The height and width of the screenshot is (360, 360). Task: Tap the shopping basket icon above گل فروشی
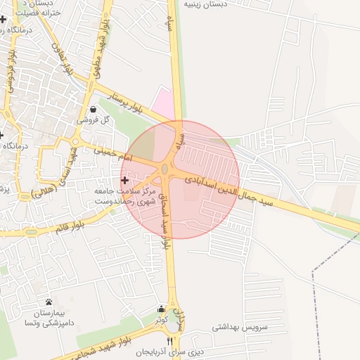(94, 109)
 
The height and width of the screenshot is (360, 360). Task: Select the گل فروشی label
(96, 120)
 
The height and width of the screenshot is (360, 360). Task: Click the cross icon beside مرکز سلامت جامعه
(125, 181)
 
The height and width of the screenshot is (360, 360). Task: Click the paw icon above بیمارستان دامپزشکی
(48, 302)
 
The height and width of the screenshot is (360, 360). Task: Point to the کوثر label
(161, 320)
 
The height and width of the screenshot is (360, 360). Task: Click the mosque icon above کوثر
(162, 309)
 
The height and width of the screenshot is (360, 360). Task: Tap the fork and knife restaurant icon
(169, 341)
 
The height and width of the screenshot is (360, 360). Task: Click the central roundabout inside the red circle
(166, 169)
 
